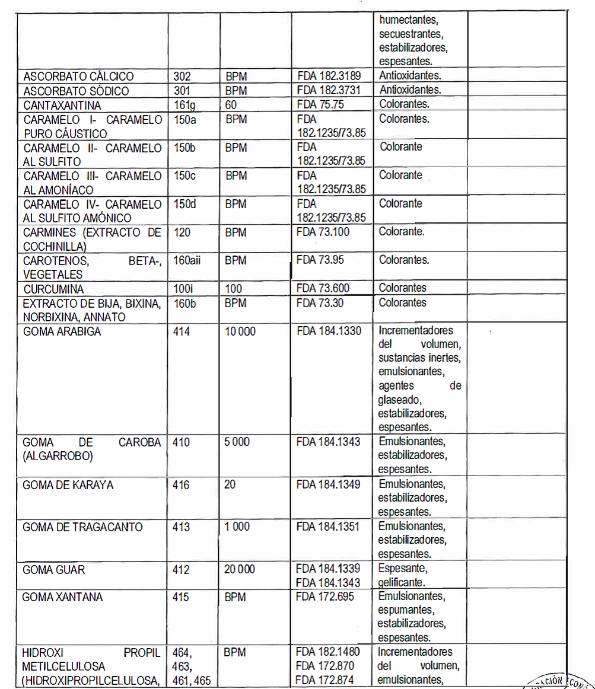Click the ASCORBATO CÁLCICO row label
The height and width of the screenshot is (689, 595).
79,76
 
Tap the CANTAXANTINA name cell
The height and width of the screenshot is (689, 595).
62,105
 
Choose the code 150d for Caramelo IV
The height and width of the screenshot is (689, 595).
184,204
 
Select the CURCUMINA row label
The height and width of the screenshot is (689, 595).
54,289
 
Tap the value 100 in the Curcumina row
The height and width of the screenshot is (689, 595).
234,289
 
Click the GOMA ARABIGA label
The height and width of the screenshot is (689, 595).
62,331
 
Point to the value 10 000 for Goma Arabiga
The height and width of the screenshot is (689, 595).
240,331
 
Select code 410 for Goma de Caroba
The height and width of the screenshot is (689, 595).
182,442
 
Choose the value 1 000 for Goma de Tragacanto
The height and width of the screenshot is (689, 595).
237,527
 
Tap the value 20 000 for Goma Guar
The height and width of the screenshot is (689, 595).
240,569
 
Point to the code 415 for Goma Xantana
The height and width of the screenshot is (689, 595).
180,597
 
